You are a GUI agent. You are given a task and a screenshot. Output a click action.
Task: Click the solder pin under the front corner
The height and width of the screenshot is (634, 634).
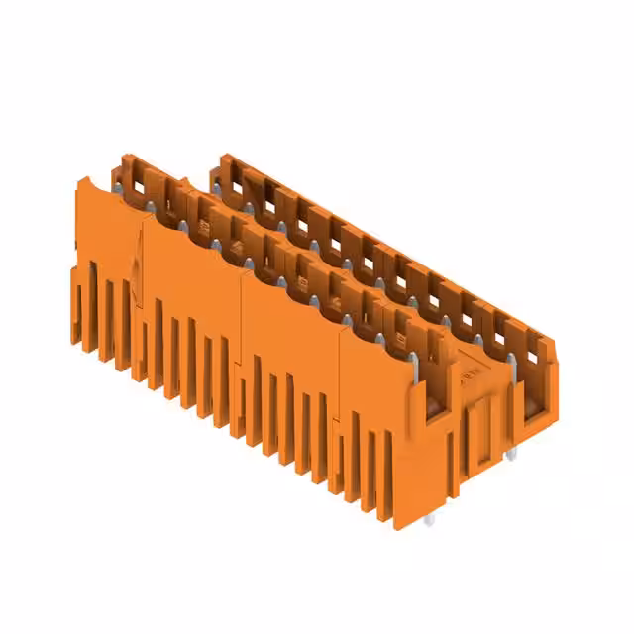pos(429,519)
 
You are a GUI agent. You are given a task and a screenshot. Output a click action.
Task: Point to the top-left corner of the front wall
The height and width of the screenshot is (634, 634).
pos(80,179)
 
